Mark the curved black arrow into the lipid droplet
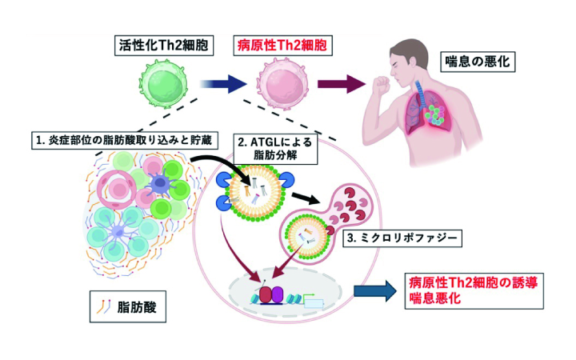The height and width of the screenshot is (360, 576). (x=209, y=164)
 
